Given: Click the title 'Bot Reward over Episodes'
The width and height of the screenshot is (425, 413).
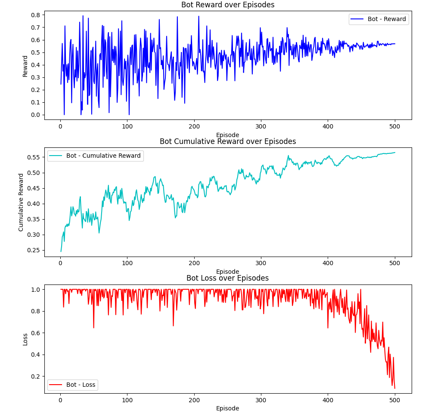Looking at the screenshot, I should [227, 5].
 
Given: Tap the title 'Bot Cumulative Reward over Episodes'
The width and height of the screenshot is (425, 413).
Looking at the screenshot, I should [227, 141].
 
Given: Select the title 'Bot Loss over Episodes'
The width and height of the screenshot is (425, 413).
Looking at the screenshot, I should [227, 278].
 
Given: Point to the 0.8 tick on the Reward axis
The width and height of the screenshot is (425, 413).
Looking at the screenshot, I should [36, 15].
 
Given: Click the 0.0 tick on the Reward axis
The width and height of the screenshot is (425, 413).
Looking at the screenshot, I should [36, 115].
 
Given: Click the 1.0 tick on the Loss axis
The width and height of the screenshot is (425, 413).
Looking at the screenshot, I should [36, 290].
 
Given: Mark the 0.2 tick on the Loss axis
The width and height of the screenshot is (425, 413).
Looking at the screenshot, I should [36, 376].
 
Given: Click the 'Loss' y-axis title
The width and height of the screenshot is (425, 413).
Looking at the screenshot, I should [25, 339].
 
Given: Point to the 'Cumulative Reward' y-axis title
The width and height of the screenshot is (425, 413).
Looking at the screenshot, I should [21, 202].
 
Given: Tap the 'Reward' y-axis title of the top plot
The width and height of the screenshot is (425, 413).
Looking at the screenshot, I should [25, 66].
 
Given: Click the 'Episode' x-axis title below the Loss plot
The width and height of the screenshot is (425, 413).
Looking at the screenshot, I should [227, 408].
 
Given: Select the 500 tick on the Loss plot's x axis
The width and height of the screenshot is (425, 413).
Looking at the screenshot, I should [395, 401].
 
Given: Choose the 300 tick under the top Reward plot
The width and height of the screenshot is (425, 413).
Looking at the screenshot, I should [261, 127].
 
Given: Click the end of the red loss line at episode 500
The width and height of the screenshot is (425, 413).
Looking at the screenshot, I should [395, 389].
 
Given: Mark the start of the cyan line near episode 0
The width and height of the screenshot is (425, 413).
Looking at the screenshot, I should [61, 251].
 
